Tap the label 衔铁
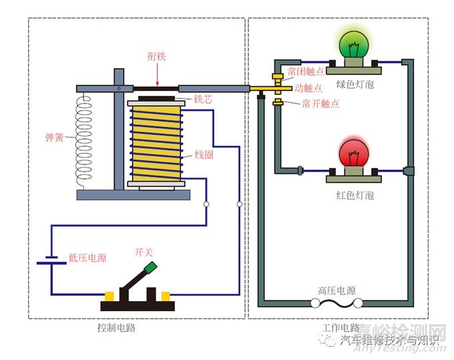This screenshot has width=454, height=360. [157, 57]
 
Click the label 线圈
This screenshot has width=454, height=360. [204, 156]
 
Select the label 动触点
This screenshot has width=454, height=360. [308, 87]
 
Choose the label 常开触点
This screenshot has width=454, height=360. [320, 104]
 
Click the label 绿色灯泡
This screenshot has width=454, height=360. [355, 85]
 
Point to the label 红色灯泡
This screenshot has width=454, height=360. [355, 195]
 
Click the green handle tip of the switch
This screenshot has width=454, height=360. [151, 268]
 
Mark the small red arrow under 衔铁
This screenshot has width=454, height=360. [157, 82]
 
